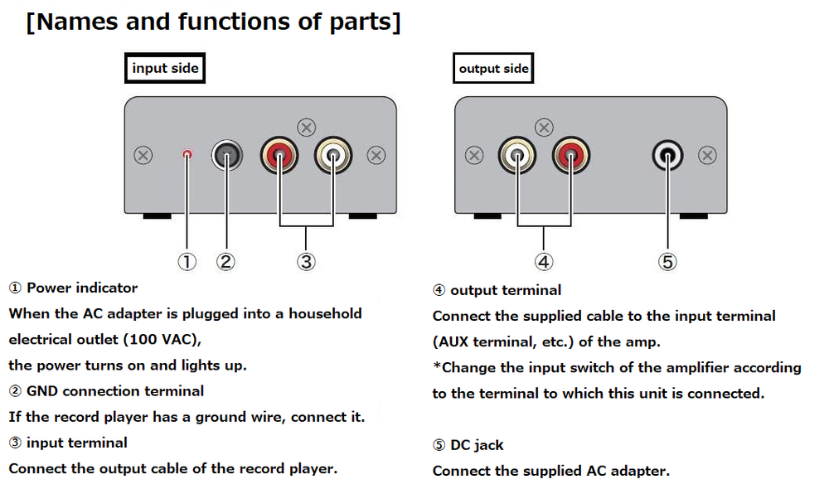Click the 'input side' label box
click(x=165, y=68)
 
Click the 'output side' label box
click(x=493, y=68)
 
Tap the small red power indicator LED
click(x=187, y=154)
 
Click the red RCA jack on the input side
click(x=279, y=155)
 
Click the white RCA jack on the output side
click(x=518, y=155)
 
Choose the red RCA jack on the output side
click(x=571, y=155)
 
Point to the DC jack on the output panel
click(x=667, y=155)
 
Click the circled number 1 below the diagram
click(x=187, y=262)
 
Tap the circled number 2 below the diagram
click(x=226, y=262)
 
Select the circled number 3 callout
click(x=306, y=262)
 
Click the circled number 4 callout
click(x=544, y=262)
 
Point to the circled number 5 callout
click(x=667, y=262)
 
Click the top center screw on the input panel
click(x=306, y=127)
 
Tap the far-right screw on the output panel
click(x=707, y=155)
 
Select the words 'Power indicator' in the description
click(x=82, y=288)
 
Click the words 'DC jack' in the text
click(x=477, y=445)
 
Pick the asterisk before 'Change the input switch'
click(x=436, y=367)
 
